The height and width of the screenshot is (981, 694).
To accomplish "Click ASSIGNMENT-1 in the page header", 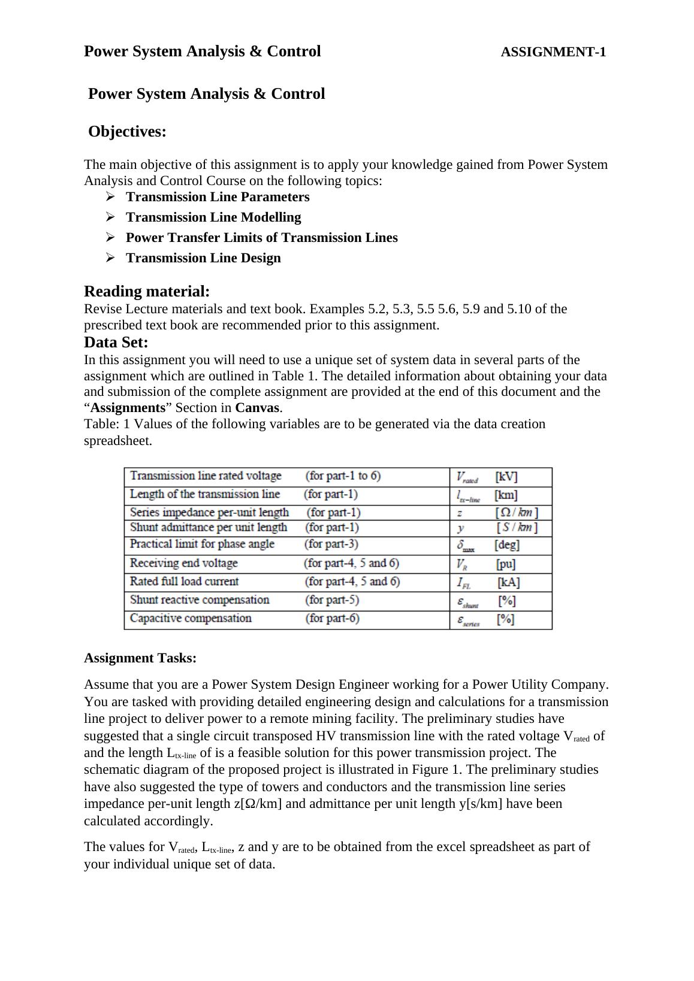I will [553, 52].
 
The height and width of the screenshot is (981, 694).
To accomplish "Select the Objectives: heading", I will [127, 132].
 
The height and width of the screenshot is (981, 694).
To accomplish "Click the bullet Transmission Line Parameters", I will [218, 197].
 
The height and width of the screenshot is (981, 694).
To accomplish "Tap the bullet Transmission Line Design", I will [203, 258].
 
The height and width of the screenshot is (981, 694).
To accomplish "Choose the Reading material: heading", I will [147, 292].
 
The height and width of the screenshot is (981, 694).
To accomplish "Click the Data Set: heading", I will [116, 343].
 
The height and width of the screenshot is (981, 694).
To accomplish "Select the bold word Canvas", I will [258, 408].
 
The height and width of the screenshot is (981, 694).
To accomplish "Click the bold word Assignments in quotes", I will [128, 408].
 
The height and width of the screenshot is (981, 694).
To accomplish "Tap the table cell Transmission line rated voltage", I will [206, 476].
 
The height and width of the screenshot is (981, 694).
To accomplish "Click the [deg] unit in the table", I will [507, 545].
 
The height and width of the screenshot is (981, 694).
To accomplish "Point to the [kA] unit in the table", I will [508, 582].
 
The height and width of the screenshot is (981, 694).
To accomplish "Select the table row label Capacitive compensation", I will [191, 619].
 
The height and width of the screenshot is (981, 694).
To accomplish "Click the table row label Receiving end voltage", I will [184, 564].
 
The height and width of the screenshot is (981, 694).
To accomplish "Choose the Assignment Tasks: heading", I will [140, 658].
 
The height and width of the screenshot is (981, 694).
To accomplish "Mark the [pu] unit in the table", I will [506, 564].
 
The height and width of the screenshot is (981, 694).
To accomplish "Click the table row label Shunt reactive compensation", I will [200, 600].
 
